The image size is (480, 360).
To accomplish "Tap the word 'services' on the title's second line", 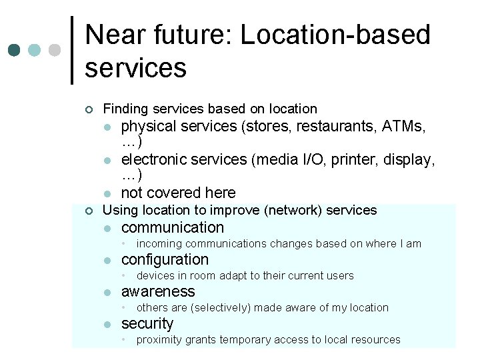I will [135, 67].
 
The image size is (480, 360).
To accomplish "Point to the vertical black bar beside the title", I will [72, 51].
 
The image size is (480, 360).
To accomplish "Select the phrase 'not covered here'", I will [178, 193].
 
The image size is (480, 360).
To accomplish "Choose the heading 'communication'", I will [172, 227].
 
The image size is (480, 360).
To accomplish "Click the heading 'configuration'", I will [165, 259].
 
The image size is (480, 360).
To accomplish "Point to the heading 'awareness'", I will [157, 291].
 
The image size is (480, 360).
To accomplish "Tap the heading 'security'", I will [147, 323].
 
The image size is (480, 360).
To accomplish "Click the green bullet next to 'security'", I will [107, 325].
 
